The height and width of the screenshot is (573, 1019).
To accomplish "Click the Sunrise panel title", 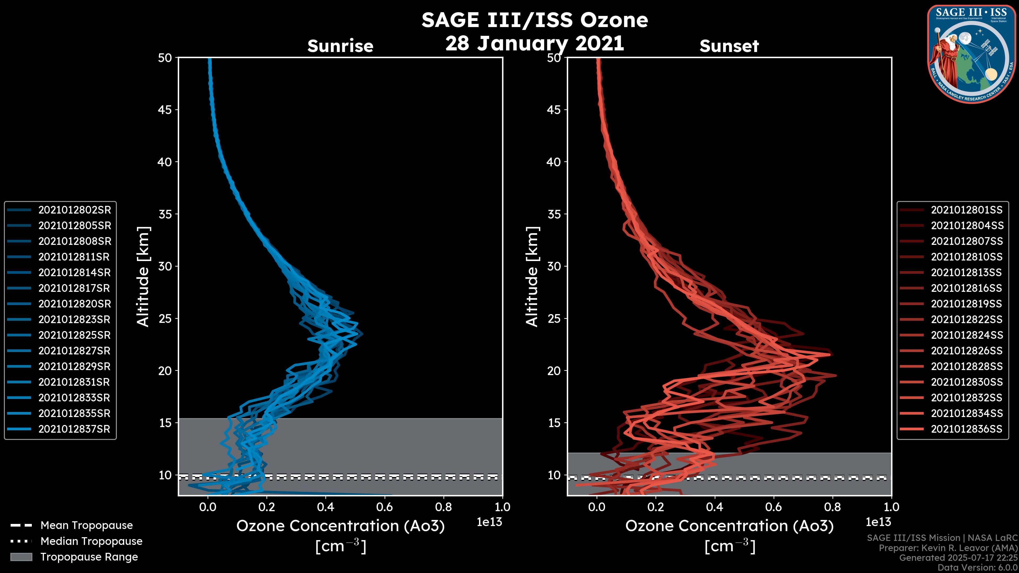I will [x=340, y=46].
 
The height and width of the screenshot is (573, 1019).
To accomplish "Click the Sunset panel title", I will [x=729, y=46].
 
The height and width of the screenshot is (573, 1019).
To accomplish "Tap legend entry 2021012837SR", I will [x=74, y=429].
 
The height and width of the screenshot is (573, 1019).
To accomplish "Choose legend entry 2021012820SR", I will [x=74, y=304].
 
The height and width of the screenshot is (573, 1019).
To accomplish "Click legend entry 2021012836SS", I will [x=966, y=429].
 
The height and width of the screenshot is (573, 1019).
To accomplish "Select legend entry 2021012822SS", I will [x=966, y=319].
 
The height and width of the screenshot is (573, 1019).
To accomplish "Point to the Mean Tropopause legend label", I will [x=86, y=525].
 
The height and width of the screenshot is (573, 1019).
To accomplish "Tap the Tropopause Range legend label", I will [x=89, y=557].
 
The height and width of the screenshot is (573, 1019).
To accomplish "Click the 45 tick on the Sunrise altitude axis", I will [x=165, y=110].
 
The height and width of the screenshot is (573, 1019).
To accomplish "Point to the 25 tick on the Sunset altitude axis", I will [x=555, y=318].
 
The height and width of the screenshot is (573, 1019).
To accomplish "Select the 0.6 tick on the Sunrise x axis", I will [x=385, y=507].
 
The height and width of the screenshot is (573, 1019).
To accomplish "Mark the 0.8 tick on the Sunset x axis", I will [x=833, y=507].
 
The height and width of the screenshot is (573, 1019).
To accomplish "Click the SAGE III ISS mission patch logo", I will [x=971, y=54].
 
